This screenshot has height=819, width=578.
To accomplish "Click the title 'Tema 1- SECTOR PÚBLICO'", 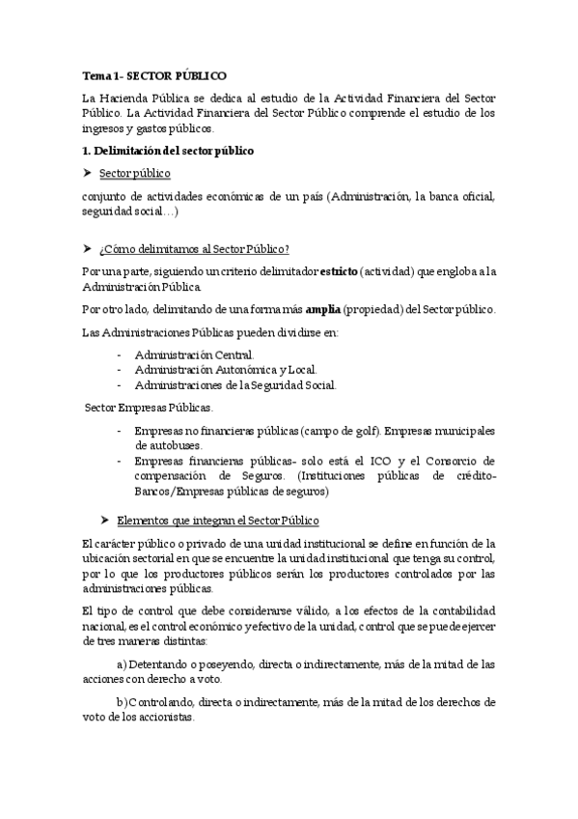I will [x=154, y=74].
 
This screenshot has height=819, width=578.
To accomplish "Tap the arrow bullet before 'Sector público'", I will [x=88, y=173].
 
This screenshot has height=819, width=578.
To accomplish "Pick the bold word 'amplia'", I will [x=323, y=309].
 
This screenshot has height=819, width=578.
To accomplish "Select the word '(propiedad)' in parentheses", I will [x=375, y=309].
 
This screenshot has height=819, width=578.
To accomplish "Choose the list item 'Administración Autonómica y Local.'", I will [x=226, y=369].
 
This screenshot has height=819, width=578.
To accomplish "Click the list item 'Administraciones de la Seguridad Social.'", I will [x=236, y=384].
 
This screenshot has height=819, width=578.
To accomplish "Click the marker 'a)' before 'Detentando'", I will [x=122, y=664].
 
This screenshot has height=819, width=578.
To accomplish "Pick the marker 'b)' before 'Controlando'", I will [x=122, y=702].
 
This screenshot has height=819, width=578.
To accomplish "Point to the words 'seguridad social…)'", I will [x=130, y=212].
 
